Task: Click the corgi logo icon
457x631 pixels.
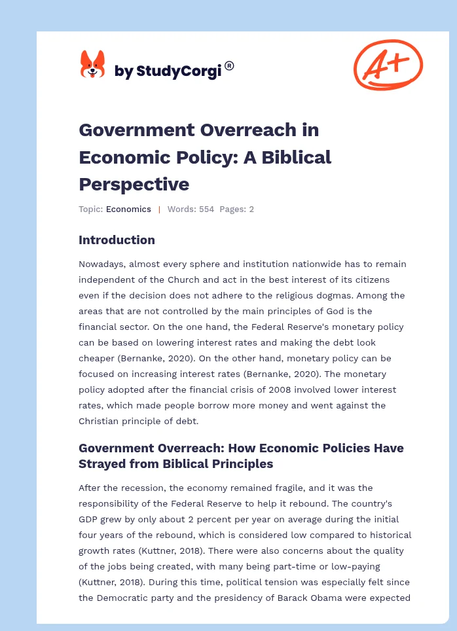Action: (92, 65)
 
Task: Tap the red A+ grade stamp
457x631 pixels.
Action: (388, 64)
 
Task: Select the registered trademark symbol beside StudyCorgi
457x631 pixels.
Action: (229, 65)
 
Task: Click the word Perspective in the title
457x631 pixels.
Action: (134, 184)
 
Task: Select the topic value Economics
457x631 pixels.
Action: (128, 209)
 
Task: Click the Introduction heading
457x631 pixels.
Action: (117, 240)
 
